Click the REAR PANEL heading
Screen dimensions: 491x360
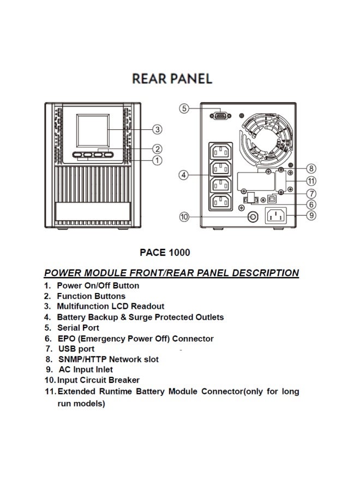coord(172,79)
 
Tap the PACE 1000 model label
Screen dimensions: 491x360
coord(165,252)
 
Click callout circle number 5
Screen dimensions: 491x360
coord(184,109)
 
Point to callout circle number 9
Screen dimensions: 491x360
coord(311,215)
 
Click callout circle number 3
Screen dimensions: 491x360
coord(157,129)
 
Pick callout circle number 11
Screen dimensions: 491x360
coord(311,181)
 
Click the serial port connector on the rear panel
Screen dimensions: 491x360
coord(219,115)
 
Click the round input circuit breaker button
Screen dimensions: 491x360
coord(253,217)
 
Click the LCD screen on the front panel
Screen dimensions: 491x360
coord(91,130)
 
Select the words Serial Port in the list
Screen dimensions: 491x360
coord(78,328)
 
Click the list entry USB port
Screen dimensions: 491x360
coord(76,349)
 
